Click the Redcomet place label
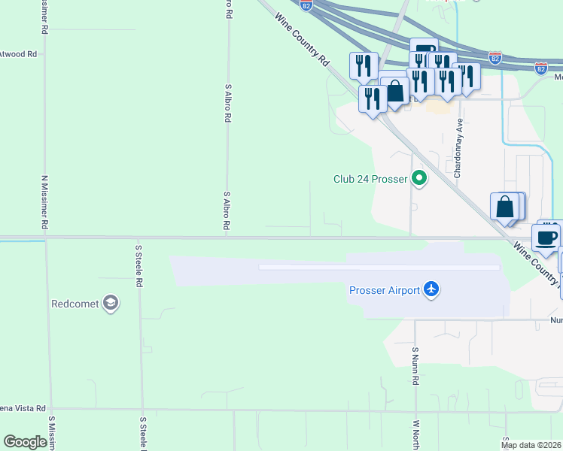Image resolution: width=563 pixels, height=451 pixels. (76, 304)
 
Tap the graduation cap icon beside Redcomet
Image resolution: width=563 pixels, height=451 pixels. (111, 304)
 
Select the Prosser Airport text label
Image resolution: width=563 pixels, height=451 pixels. (384, 291)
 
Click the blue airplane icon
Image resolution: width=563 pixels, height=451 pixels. (431, 289)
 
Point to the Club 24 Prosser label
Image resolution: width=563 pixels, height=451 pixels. (370, 180)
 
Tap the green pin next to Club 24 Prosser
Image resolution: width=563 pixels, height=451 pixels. (419, 179)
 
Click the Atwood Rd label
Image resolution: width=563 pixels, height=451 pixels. (18, 54)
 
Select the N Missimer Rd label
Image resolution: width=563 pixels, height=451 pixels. (45, 203)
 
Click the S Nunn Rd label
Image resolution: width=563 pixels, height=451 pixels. (415, 365)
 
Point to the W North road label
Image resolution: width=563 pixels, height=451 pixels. (415, 431)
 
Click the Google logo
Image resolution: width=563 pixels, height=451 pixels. (25, 442)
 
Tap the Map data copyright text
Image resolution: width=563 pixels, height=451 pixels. (531, 445)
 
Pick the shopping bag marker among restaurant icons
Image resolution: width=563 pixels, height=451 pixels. (394, 92)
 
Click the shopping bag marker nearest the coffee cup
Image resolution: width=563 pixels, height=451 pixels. (506, 207)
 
